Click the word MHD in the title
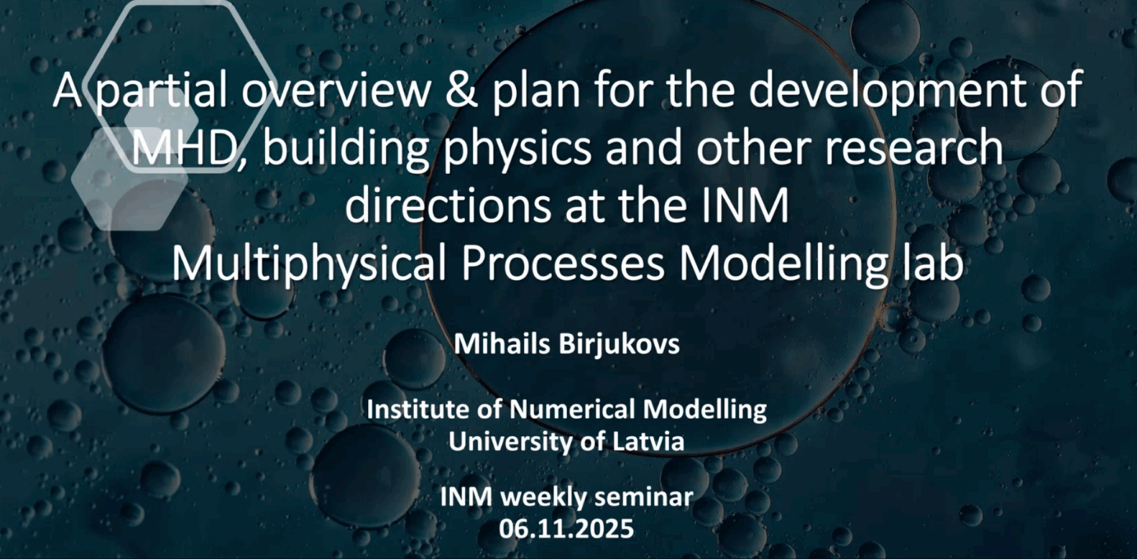[x=183, y=148]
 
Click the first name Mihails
[x=502, y=344]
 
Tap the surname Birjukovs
[x=620, y=345]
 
